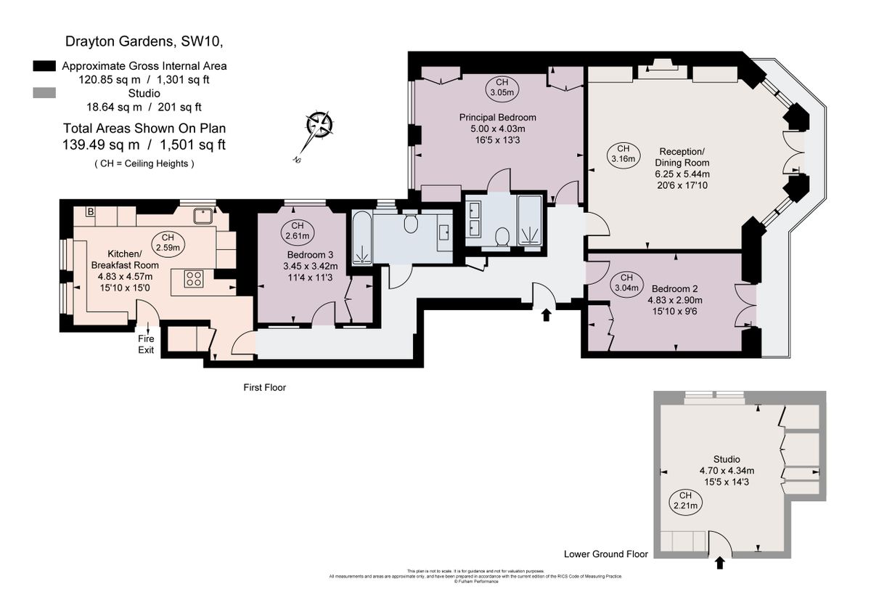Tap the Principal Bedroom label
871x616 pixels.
(x=497, y=117)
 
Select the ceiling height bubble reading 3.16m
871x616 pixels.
(x=623, y=153)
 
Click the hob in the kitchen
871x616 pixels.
(x=193, y=279)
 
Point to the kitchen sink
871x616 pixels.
(x=203, y=215)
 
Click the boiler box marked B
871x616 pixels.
(x=91, y=211)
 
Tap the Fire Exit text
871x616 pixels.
(x=147, y=344)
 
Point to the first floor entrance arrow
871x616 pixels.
(x=546, y=315)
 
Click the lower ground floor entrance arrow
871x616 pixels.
(x=720, y=562)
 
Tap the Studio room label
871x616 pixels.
(x=727, y=459)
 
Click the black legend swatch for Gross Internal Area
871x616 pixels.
(x=45, y=66)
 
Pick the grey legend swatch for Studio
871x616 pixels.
(x=45, y=93)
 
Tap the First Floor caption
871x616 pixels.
(x=265, y=388)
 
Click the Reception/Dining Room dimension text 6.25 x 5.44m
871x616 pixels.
(x=682, y=174)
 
